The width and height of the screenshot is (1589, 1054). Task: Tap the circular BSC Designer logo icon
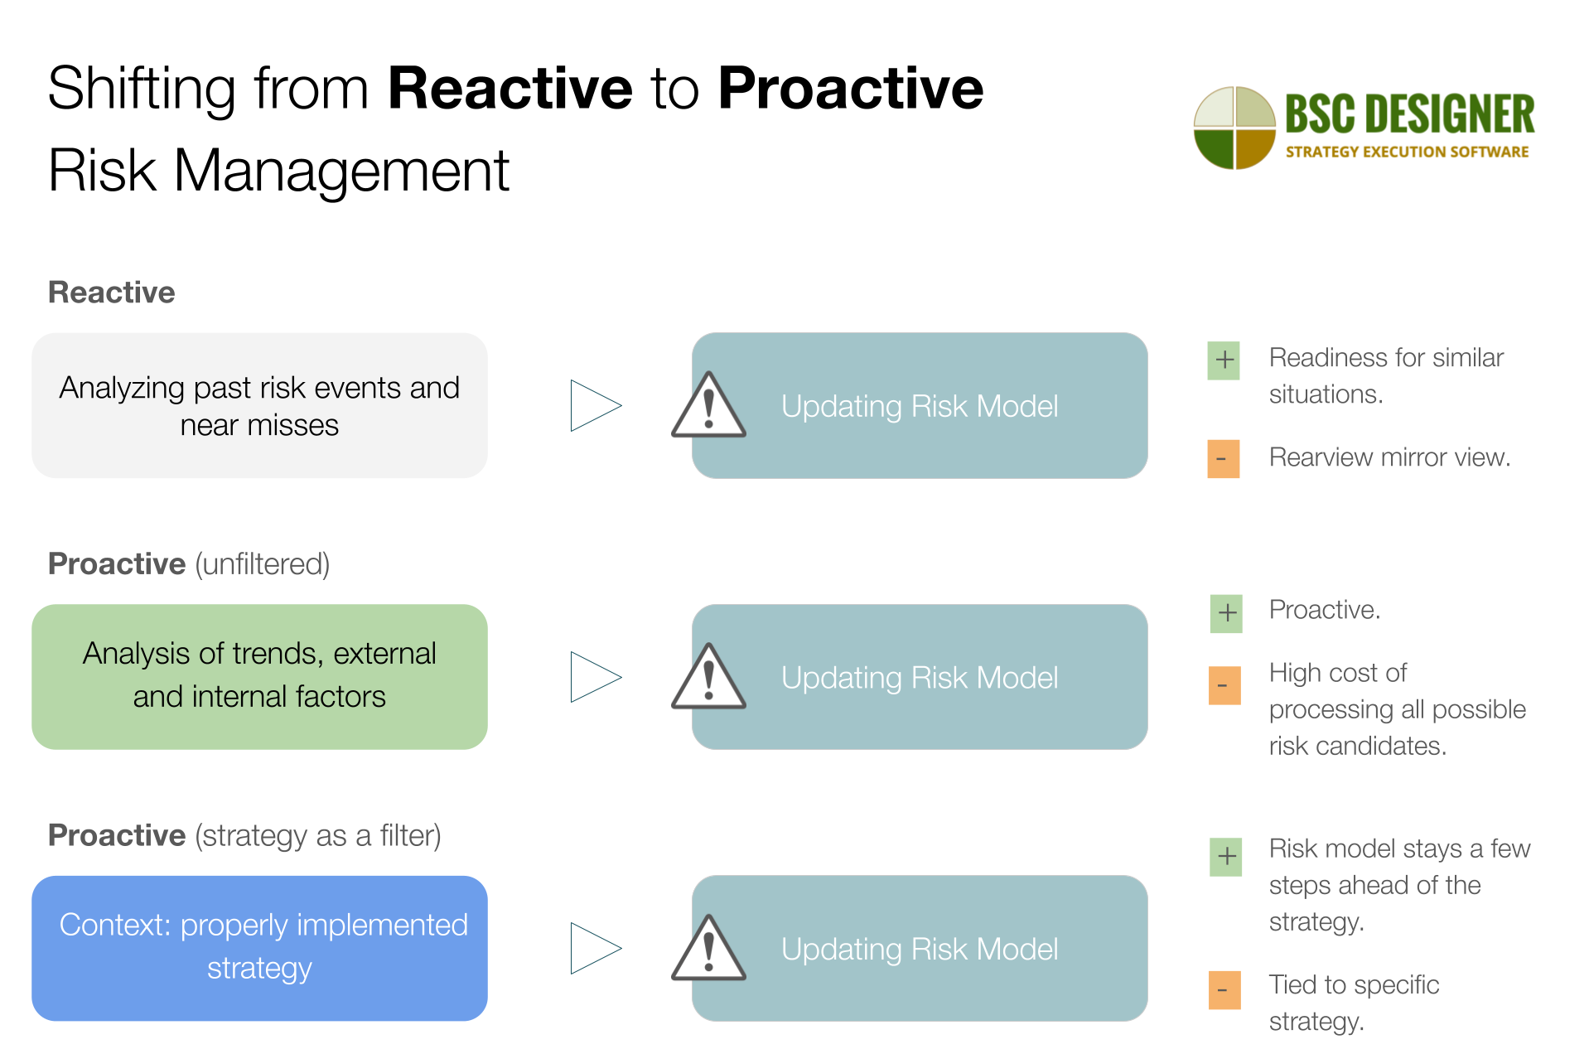tap(1234, 128)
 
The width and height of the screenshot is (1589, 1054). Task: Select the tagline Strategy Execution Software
tap(1407, 152)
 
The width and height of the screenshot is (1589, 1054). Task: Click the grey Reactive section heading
tap(112, 293)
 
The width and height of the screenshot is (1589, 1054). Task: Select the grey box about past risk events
tap(259, 406)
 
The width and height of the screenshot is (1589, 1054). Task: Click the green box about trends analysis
tap(259, 676)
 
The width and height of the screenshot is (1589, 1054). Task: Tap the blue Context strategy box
tap(259, 947)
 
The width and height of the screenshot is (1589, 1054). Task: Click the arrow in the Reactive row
tap(594, 406)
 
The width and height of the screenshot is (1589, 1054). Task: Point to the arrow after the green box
tap(594, 677)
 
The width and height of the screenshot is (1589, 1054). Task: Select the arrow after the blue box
tap(594, 948)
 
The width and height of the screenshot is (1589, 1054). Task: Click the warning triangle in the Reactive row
tap(708, 407)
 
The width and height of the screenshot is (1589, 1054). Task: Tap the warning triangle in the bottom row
tap(708, 950)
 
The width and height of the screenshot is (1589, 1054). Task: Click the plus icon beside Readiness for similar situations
tap(1224, 360)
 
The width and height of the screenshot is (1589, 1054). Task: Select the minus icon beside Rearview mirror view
tap(1223, 459)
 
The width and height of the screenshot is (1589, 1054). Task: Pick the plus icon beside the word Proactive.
tap(1226, 613)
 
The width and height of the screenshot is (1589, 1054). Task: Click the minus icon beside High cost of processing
tap(1224, 685)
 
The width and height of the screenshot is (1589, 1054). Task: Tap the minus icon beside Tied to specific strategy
tap(1224, 990)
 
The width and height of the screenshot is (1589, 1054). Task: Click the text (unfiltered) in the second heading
tap(263, 564)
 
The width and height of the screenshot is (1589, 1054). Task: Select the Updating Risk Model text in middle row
tap(919, 678)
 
